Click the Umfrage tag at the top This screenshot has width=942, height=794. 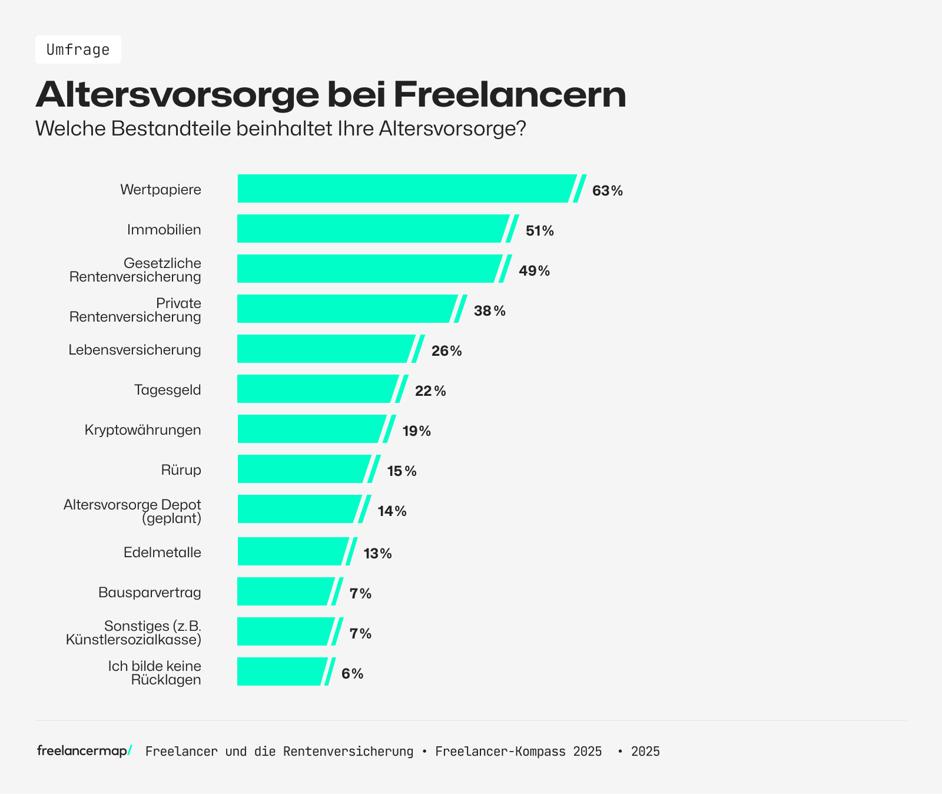[x=78, y=49]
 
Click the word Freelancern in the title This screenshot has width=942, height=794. [x=509, y=94]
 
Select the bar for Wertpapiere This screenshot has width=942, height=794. [x=406, y=188]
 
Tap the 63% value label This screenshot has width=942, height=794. [x=607, y=191]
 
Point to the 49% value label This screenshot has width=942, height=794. [x=534, y=271]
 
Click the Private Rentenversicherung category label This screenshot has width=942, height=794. [x=135, y=310]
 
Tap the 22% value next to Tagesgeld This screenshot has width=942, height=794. [x=430, y=391]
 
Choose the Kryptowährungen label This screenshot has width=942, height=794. [x=143, y=430]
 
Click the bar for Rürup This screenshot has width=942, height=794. [x=303, y=469]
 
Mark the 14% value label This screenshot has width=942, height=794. [x=392, y=511]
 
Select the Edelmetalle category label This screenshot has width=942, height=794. [x=162, y=553]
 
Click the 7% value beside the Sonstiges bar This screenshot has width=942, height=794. [x=360, y=634]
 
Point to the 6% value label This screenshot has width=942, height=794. [x=352, y=674]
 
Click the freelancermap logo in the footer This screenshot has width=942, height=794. [x=84, y=751]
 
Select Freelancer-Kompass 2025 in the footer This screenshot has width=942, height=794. [x=519, y=752]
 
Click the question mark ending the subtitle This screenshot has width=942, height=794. [x=520, y=128]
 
